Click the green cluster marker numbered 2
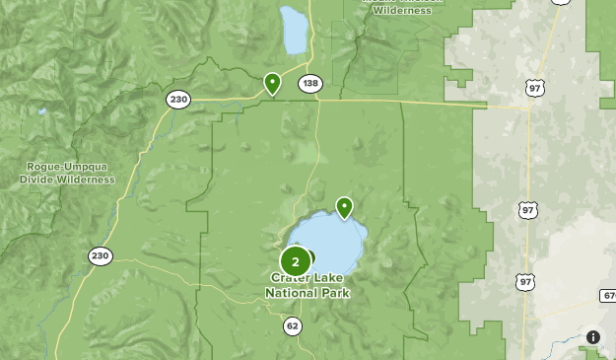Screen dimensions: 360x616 (x=296, y=261)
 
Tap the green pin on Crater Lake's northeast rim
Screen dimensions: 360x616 (x=344, y=207)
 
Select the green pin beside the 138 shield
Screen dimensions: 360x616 (x=272, y=83)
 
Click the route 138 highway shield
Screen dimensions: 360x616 (x=310, y=84)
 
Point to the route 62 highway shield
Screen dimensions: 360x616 (x=292, y=326)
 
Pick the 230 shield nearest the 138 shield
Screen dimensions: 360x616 (x=177, y=99)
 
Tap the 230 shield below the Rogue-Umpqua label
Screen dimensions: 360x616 (x=100, y=256)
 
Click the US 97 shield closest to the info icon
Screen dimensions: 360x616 (x=528, y=281)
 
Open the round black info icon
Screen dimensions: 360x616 (x=593, y=337)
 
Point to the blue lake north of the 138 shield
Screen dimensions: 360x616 (x=294, y=30)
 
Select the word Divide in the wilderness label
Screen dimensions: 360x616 (x=38, y=180)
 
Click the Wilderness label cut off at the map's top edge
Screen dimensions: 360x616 (x=403, y=10)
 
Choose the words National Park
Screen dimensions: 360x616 (x=308, y=293)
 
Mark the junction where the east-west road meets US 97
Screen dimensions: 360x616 (x=529, y=107)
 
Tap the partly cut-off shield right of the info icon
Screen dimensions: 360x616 (x=609, y=296)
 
